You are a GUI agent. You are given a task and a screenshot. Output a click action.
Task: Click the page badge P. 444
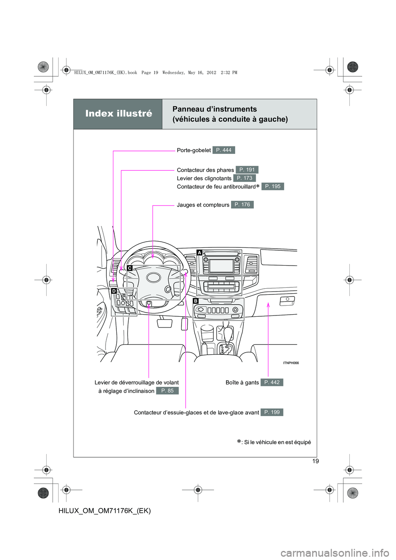point(224,150)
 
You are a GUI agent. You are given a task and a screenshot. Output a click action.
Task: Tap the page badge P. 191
point(247,170)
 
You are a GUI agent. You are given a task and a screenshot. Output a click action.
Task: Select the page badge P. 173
point(244,178)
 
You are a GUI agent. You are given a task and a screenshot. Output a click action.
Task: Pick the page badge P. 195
point(273,186)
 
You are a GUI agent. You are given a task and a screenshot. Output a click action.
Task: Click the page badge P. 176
point(242,205)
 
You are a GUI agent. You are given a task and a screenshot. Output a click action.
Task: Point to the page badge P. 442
point(272,382)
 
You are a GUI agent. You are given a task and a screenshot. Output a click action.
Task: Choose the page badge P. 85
point(167,391)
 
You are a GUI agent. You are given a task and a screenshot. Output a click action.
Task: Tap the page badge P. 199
point(272,412)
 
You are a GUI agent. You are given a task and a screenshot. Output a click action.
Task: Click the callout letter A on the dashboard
point(200,252)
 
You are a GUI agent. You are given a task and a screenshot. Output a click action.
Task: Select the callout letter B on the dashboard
point(196,301)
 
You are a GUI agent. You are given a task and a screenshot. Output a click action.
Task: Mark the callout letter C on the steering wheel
point(130,268)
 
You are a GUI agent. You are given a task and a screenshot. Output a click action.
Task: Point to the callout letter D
point(114,291)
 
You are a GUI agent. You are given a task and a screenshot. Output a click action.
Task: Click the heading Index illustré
point(118,113)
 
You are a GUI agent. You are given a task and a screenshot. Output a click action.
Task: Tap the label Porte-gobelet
point(194,151)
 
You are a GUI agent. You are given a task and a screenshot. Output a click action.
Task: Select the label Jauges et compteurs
point(203,205)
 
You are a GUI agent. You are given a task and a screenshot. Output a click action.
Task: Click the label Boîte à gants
point(242,383)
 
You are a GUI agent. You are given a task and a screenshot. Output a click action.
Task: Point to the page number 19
point(316,461)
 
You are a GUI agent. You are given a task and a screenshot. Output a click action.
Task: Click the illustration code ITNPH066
point(291,363)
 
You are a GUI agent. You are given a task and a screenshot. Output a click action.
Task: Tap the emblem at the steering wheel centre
point(154,278)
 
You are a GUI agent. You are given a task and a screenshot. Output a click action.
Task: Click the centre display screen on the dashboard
point(222,266)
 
